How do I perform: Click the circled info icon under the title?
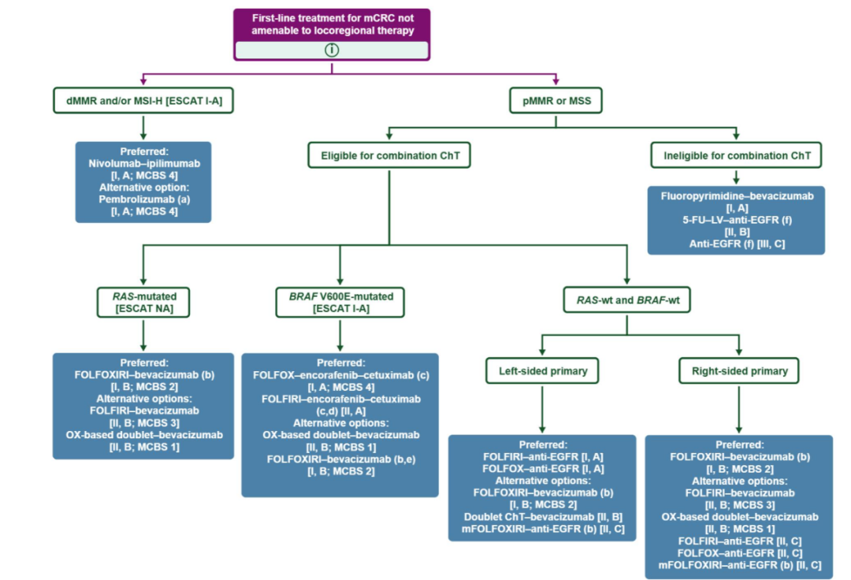pos(332,50)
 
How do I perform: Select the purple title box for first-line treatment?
pos(332,34)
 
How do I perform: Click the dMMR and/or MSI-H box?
pos(143,100)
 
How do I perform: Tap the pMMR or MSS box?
pos(556,100)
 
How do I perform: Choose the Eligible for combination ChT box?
pos(389,155)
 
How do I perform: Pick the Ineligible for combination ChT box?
pos(736,155)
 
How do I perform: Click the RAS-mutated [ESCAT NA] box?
pos(143,302)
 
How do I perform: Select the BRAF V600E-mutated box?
pos(340,302)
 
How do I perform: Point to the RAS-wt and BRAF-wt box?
pos(627,300)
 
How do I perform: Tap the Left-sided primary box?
pos(542,370)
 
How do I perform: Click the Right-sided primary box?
pos(738,370)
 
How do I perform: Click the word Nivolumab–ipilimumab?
pos(144,163)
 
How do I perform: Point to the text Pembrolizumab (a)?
pos(144,199)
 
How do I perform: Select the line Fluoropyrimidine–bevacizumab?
pos(737,196)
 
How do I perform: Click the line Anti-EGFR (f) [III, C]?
pos(737,244)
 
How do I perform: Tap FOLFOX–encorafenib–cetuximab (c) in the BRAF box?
pos(341,375)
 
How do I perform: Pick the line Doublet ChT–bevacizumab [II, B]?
pos(543,516)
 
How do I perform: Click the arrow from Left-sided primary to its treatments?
pos(542,408)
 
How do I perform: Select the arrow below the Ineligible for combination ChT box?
pos(736,177)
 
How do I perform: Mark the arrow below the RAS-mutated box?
pos(143,335)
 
